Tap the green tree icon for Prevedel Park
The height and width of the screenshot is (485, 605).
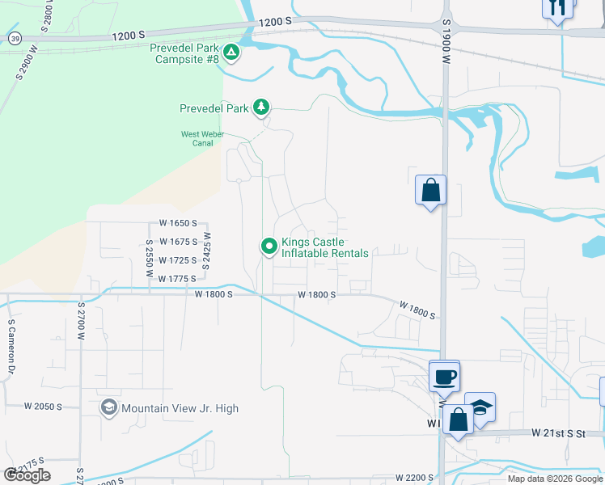(261, 107)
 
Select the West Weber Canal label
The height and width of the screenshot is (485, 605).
(197, 138)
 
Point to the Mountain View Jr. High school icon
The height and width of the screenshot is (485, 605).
(108, 407)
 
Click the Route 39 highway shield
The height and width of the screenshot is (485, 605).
(15, 38)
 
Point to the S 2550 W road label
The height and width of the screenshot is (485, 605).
(150, 259)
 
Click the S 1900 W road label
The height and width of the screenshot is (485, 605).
(446, 46)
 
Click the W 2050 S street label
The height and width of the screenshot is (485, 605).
(44, 406)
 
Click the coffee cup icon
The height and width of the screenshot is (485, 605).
(444, 377)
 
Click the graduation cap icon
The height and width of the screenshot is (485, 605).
(480, 407)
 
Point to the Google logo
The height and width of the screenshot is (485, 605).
(27, 474)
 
